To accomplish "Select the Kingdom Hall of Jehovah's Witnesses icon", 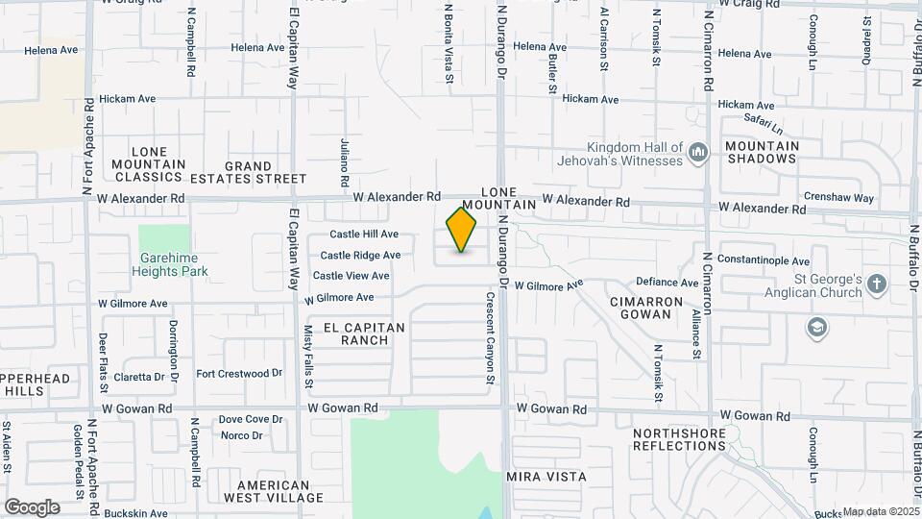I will pos(699,152).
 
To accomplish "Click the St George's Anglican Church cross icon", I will pos(876,284).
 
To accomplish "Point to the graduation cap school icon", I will pos(817,328).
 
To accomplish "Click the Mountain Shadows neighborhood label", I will pos(763,153).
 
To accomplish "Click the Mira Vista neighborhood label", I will pos(546,476).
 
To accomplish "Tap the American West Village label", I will pos(274,491).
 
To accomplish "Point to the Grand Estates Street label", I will pos(249,173).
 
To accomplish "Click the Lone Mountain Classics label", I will pos(148,164).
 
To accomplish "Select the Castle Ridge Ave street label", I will pos(360,255).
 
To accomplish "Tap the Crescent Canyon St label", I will pos(490,337).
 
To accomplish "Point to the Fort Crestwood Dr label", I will pos(239,373).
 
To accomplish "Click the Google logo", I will pos(31,507).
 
